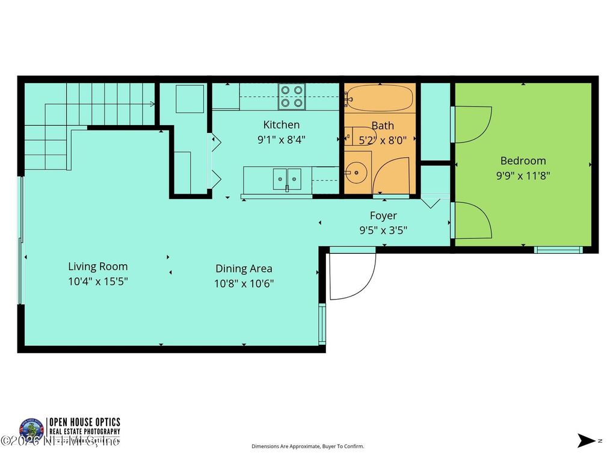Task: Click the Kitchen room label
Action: [281, 125]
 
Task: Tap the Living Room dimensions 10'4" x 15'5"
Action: [97, 281]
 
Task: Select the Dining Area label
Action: [244, 269]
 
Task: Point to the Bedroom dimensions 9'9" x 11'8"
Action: [523, 176]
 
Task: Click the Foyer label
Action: [383, 215]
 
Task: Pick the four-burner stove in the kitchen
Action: [292, 97]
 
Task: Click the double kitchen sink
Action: [287, 179]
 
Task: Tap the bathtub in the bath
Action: [379, 97]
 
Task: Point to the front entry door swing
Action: [352, 274]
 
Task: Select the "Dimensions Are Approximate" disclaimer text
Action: [307, 446]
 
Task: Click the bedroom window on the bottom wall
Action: [558, 250]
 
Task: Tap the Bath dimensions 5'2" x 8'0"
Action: [383, 140]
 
